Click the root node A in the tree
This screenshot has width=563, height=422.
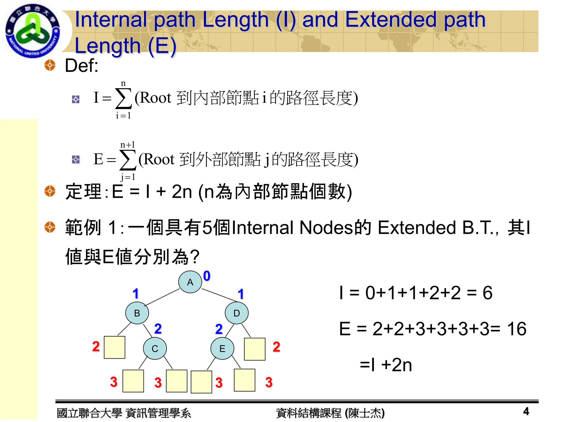click(190, 282)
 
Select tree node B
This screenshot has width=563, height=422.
click(137, 313)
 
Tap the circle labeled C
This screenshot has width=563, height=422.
click(155, 348)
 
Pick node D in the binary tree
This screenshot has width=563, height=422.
click(236, 313)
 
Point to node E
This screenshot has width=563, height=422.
click(222, 348)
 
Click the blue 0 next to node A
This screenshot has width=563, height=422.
click(207, 276)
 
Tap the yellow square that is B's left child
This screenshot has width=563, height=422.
click(115, 347)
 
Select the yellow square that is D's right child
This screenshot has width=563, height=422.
click(255, 349)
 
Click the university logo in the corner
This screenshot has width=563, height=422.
click(32, 31)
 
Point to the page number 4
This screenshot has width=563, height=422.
click(526, 411)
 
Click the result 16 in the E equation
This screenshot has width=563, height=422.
click(517, 329)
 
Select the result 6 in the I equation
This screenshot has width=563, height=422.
click(487, 293)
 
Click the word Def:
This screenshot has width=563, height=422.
click(81, 66)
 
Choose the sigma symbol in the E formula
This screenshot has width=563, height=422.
click(128, 160)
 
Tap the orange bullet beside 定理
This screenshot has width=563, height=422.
click(50, 191)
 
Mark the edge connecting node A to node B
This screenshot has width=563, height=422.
click(162, 297)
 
